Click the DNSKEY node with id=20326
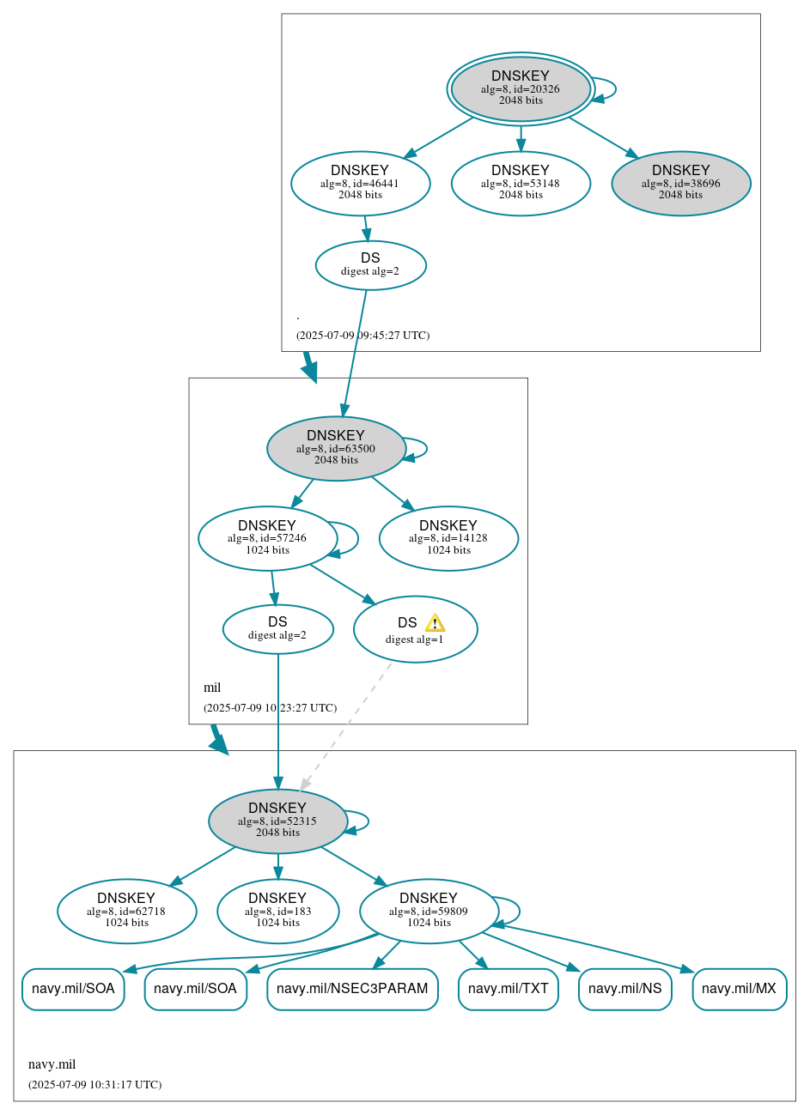[x=521, y=88]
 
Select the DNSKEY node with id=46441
[x=360, y=184]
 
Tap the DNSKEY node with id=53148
[x=521, y=184]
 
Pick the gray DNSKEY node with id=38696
[x=680, y=184]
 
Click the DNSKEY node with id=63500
[x=336, y=449]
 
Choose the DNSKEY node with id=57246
[x=267, y=539]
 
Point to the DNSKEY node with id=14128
[x=448, y=539]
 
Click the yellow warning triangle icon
[x=435, y=623]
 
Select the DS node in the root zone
[x=370, y=265]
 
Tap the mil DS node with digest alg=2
[x=277, y=629]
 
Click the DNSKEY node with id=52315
[x=277, y=821]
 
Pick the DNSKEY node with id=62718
[x=126, y=912]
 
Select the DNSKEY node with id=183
[x=277, y=912]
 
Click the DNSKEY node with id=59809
[x=429, y=912]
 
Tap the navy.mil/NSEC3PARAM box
[x=352, y=989]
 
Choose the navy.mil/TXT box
[x=508, y=989]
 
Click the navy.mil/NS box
[x=624, y=989]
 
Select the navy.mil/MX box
[x=739, y=989]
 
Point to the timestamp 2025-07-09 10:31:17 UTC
[x=94, y=1085]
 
